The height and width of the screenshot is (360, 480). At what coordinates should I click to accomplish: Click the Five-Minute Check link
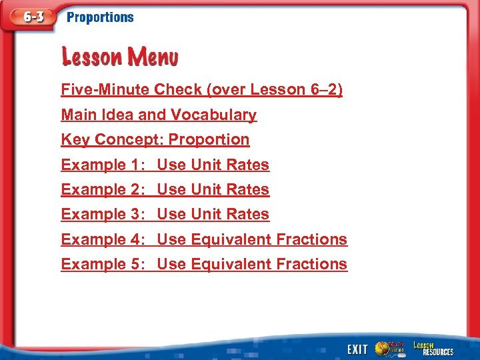[x=201, y=89]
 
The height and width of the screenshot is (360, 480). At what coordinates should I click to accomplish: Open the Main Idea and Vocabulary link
[x=159, y=115]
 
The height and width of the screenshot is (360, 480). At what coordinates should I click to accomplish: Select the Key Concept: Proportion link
[x=155, y=139]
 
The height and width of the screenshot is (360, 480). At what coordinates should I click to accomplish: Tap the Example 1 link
[x=165, y=165]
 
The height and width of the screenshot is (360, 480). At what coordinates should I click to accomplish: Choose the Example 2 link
[x=165, y=189]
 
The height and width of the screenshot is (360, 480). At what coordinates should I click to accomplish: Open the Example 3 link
[x=165, y=214]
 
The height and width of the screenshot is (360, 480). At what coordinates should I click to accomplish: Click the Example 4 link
[x=204, y=239]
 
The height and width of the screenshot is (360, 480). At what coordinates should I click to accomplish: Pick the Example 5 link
[x=204, y=264]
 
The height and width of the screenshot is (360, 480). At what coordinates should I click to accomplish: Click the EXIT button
[x=357, y=349]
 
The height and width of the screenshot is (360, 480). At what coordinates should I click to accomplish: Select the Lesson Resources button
[x=433, y=349]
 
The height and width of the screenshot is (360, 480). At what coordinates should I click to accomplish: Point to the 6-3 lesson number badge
[x=31, y=17]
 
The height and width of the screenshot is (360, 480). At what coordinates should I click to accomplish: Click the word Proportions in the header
[x=100, y=17]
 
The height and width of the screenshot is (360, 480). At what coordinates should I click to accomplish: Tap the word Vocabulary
[x=213, y=115]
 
